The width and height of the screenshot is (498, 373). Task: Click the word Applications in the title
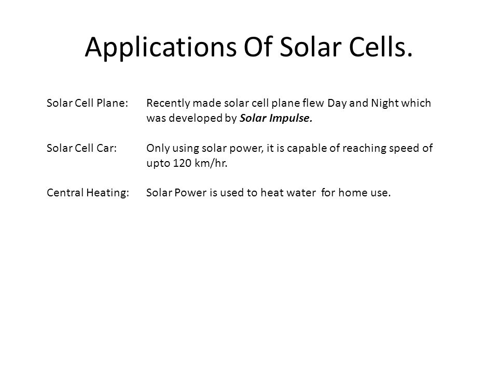(161, 47)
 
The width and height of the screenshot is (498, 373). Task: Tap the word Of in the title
(258, 47)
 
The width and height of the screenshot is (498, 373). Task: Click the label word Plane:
(112, 103)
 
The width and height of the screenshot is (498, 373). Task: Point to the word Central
(65, 193)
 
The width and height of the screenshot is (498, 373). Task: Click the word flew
(313, 103)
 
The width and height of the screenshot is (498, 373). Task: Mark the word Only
(158, 149)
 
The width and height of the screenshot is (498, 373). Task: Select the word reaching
(364, 149)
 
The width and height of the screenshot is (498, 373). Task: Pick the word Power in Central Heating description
(190, 193)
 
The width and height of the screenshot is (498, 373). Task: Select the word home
(351, 193)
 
